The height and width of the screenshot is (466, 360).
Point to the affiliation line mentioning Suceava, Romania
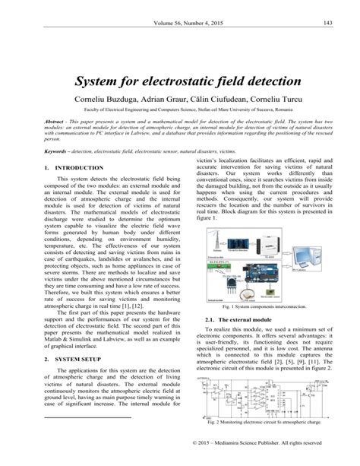(x=180, y=112)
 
